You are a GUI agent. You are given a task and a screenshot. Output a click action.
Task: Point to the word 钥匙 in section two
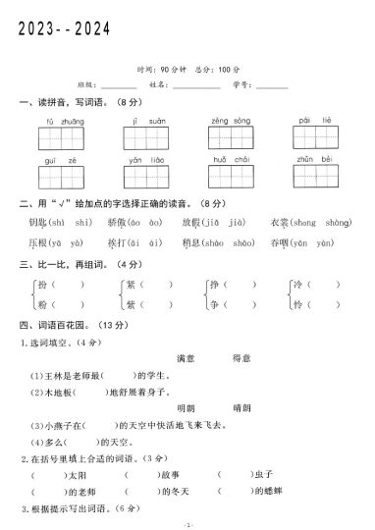coord(39,223)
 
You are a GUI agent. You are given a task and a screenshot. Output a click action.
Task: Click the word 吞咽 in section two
coord(278,241)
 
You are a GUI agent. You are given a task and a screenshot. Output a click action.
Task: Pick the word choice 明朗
coord(185,407)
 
